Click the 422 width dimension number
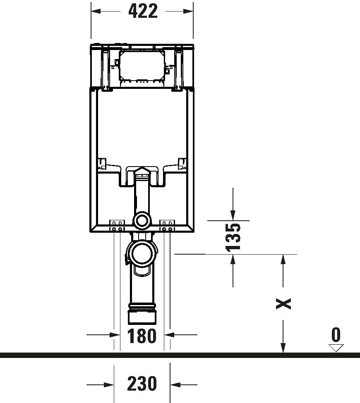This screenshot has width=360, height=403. point(143,11)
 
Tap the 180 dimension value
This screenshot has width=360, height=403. point(142,336)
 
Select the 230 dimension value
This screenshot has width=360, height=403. point(142,384)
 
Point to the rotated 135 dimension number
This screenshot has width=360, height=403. point(233,237)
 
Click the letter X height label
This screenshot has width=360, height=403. point(283,303)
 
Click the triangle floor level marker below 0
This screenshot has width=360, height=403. point(336,348)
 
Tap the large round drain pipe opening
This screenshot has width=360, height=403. point(142,254)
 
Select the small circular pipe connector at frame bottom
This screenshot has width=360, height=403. point(142,221)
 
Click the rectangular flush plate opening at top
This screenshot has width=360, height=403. point(142,66)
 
